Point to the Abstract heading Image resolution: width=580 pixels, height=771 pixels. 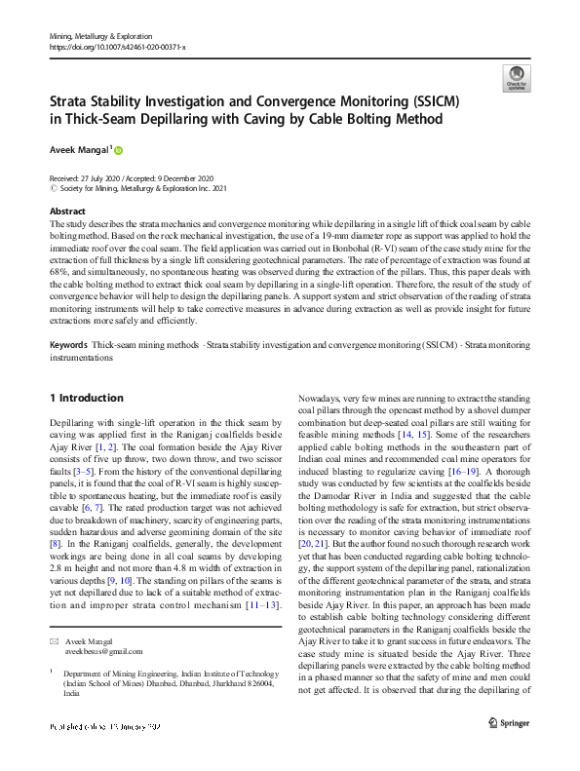tap(66, 211)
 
